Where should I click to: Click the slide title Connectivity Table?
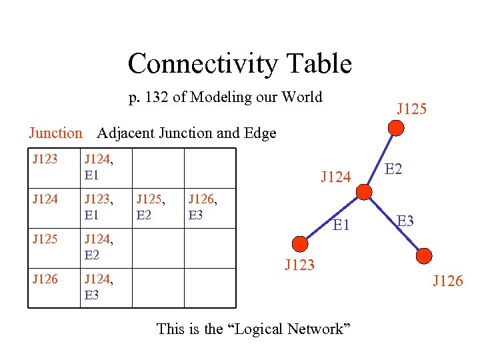coord(239,63)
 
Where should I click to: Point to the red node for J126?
coord(423,255)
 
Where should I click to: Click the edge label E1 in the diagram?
coord(341,225)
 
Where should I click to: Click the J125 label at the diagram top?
coord(411,108)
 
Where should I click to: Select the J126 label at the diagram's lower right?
coord(447,281)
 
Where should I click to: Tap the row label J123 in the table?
coord(45,159)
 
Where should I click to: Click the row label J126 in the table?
coord(45,279)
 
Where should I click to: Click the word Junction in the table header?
coord(55,133)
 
